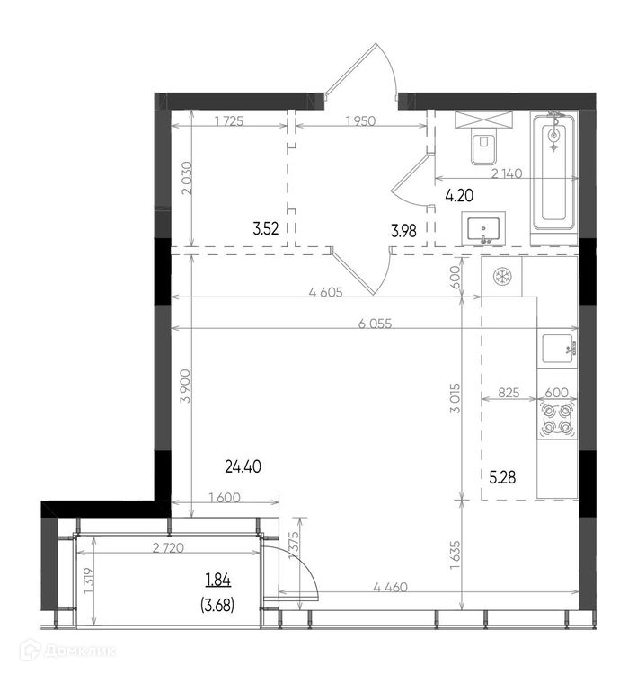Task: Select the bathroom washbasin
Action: point(483,228)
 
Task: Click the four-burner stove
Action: point(557,420)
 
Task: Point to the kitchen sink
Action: point(557,348)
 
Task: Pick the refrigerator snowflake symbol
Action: point(501,277)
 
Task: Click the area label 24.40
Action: point(243,466)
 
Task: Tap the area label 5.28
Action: point(502,477)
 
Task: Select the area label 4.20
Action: point(459,196)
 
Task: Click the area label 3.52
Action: point(266,229)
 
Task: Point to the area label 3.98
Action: point(403,231)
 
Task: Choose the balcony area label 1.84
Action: point(218,581)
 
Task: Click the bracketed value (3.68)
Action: point(217,606)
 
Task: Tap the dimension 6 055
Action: point(375,324)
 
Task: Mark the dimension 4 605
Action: point(326,292)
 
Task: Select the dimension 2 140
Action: point(507,173)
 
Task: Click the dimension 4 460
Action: point(390,587)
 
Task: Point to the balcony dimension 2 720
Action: point(168,548)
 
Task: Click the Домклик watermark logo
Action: point(70,652)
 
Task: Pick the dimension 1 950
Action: point(360,121)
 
